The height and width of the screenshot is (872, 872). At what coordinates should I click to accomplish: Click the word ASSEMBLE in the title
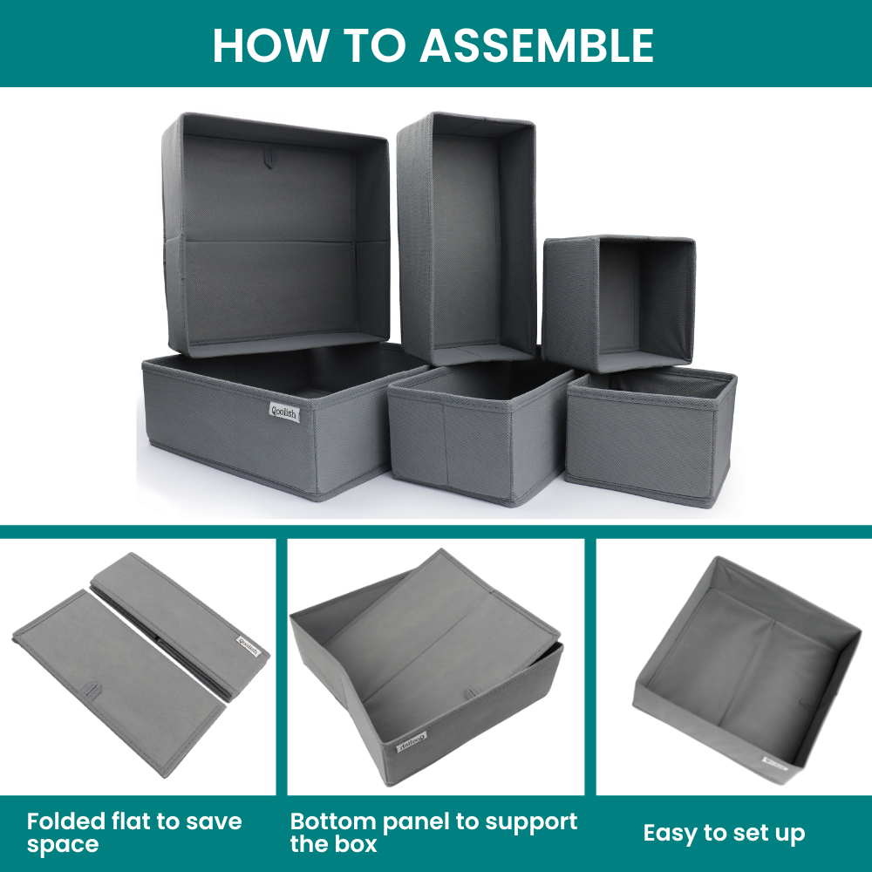[536, 45]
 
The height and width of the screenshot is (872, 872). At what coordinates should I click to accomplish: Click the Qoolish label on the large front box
[285, 412]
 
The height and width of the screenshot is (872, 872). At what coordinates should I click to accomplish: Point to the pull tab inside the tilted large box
[270, 158]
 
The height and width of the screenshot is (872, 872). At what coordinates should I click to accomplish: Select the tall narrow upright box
[466, 238]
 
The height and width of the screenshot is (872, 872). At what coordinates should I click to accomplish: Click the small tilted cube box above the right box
[618, 303]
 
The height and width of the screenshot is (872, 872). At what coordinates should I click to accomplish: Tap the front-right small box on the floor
[651, 436]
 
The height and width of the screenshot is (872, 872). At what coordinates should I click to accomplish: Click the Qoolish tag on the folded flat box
[249, 646]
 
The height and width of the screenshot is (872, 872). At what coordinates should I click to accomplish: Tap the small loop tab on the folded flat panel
[92, 691]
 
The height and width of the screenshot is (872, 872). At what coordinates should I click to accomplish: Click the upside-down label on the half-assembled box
[412, 741]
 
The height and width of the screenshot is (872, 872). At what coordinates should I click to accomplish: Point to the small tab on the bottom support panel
[473, 692]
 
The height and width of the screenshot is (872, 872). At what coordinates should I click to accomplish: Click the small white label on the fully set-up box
[774, 762]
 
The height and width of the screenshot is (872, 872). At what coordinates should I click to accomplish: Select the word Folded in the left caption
[66, 821]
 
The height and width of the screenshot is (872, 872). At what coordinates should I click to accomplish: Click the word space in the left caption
[62, 845]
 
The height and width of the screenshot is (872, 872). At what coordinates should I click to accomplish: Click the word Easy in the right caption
[670, 834]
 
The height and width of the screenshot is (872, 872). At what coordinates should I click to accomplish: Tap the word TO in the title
[374, 45]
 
